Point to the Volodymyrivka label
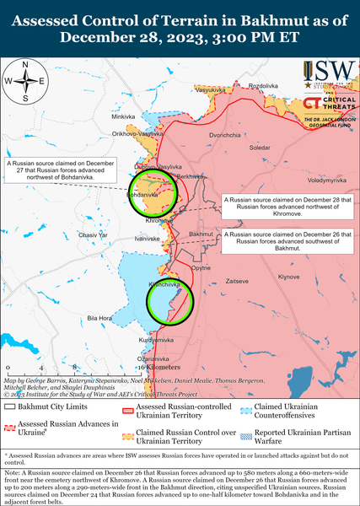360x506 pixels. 326,180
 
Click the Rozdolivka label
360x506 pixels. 263,86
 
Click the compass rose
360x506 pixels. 25,81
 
